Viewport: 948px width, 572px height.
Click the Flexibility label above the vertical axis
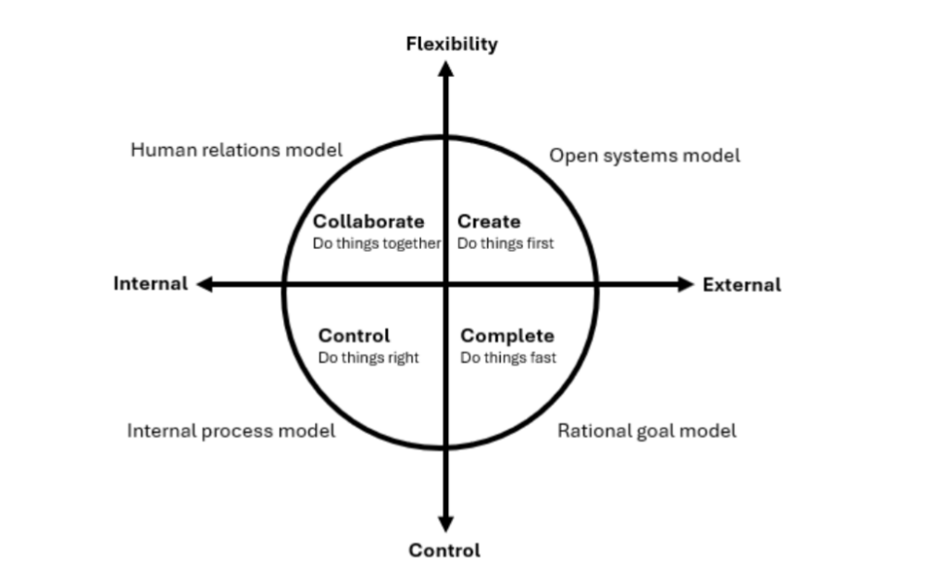point(452,44)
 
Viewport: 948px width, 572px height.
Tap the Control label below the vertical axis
point(444,550)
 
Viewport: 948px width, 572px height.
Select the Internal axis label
point(151,283)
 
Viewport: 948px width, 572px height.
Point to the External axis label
point(742,285)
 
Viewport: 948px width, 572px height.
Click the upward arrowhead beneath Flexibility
point(446,68)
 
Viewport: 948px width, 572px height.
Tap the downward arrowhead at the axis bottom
point(445,524)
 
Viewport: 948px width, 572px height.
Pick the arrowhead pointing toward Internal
point(205,284)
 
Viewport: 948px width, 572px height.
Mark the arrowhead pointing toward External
point(686,284)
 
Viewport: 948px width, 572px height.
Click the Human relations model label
point(236,150)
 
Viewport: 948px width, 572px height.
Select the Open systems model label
point(644,156)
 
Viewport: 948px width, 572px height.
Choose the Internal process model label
point(231,431)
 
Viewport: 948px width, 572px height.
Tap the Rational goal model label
point(647,431)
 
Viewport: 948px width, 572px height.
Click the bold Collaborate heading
point(368,221)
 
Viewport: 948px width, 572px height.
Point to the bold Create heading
point(489,221)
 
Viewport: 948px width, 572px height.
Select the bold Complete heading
point(507,336)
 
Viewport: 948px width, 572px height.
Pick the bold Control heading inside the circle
point(355,336)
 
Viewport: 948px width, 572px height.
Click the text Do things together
point(377,243)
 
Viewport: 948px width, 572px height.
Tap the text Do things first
point(505,243)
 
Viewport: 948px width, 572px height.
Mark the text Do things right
point(368,358)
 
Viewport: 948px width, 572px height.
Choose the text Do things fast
point(508,358)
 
